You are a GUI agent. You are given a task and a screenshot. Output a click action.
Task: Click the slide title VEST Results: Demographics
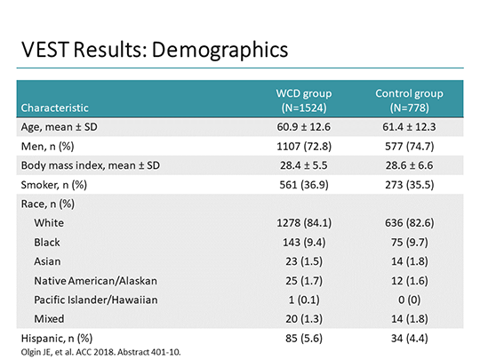point(156,49)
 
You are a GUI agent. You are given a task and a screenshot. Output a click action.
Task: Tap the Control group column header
point(409,100)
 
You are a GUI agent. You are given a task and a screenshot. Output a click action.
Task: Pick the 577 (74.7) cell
point(409,147)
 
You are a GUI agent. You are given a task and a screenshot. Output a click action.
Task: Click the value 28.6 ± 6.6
point(409,166)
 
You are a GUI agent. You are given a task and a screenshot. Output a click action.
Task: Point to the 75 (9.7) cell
point(409,242)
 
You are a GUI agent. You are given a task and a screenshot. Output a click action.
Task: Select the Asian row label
point(48,261)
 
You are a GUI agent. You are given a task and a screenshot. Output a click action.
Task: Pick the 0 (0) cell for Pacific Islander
point(409,300)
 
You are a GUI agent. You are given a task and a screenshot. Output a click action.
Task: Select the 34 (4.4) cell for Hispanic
point(409,338)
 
